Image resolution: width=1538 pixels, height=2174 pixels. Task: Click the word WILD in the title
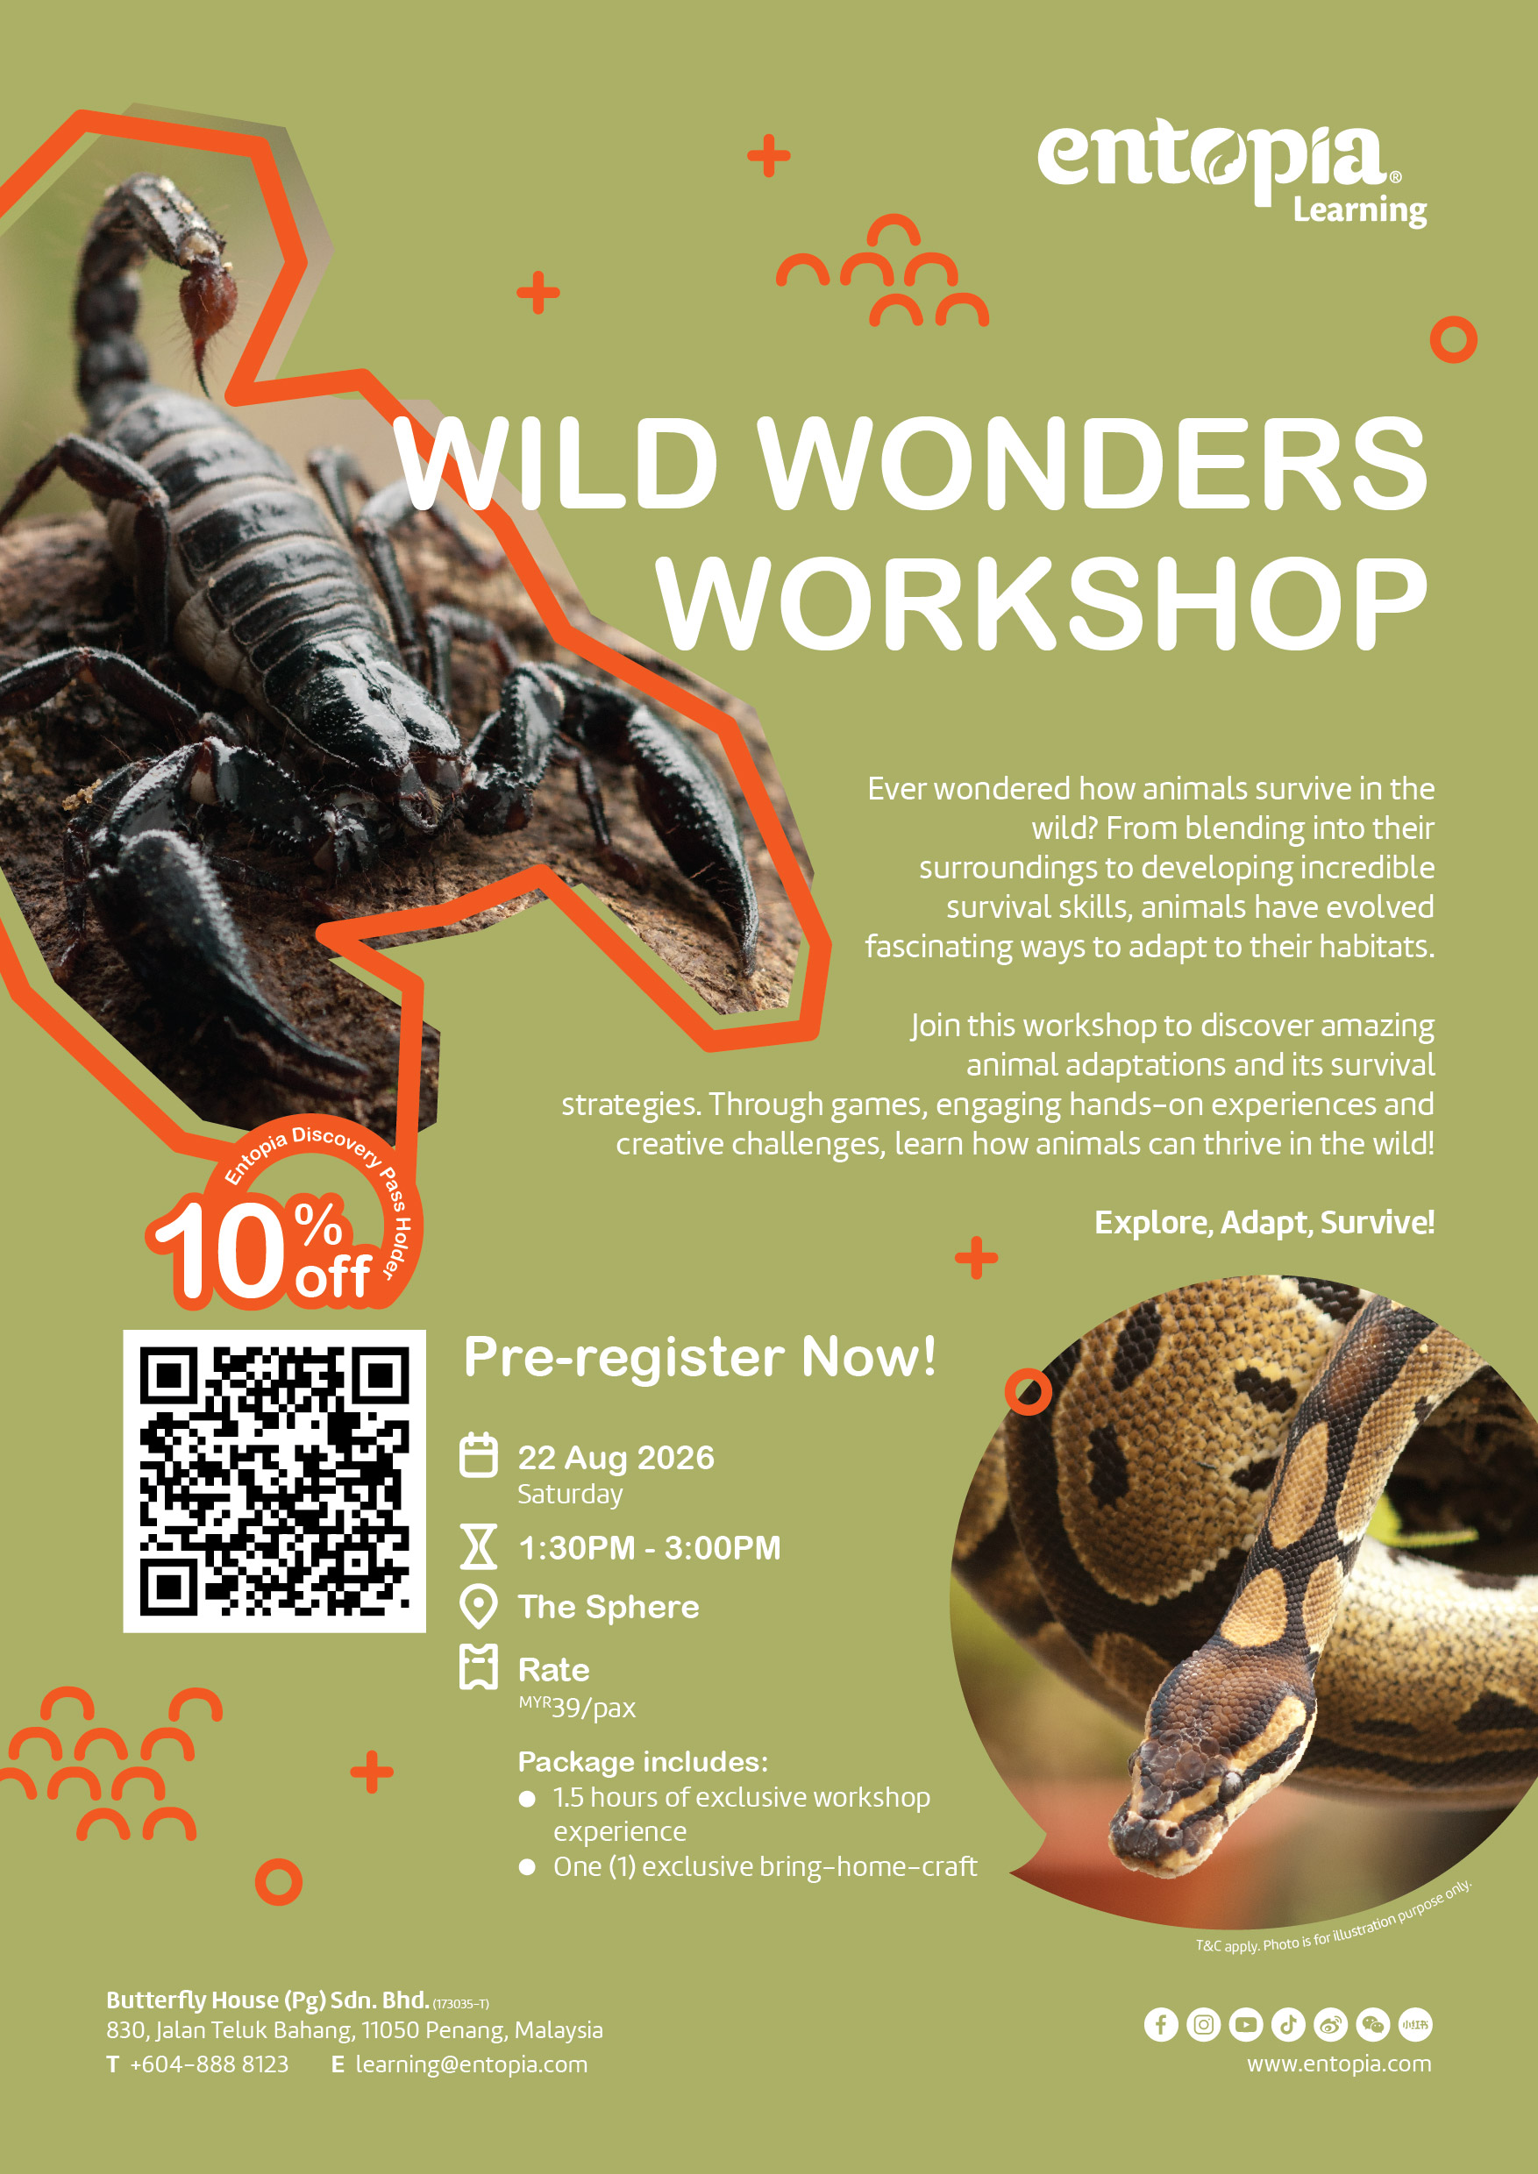556,462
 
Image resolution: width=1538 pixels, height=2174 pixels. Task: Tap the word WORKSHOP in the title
1043,602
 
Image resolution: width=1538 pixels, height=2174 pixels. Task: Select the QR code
274,1481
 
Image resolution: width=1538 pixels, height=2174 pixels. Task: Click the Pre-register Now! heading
700,1357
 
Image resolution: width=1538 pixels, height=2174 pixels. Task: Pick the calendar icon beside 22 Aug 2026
478,1455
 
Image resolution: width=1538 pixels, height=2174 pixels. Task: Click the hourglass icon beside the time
478,1547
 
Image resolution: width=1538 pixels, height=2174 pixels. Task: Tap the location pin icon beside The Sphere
478,1607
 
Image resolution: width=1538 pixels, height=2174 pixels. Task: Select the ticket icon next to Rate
478,1666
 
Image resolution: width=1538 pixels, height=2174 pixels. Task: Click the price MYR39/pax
577,1707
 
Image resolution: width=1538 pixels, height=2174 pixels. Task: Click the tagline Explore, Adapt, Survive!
1264,1222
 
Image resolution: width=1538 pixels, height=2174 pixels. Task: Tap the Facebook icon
1161,2024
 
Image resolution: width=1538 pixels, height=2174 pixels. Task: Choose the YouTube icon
1246,2024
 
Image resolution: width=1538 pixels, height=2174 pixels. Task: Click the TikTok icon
1288,2024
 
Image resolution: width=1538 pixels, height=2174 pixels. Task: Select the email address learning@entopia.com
472,2064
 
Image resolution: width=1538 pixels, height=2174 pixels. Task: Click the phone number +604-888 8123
210,2064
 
